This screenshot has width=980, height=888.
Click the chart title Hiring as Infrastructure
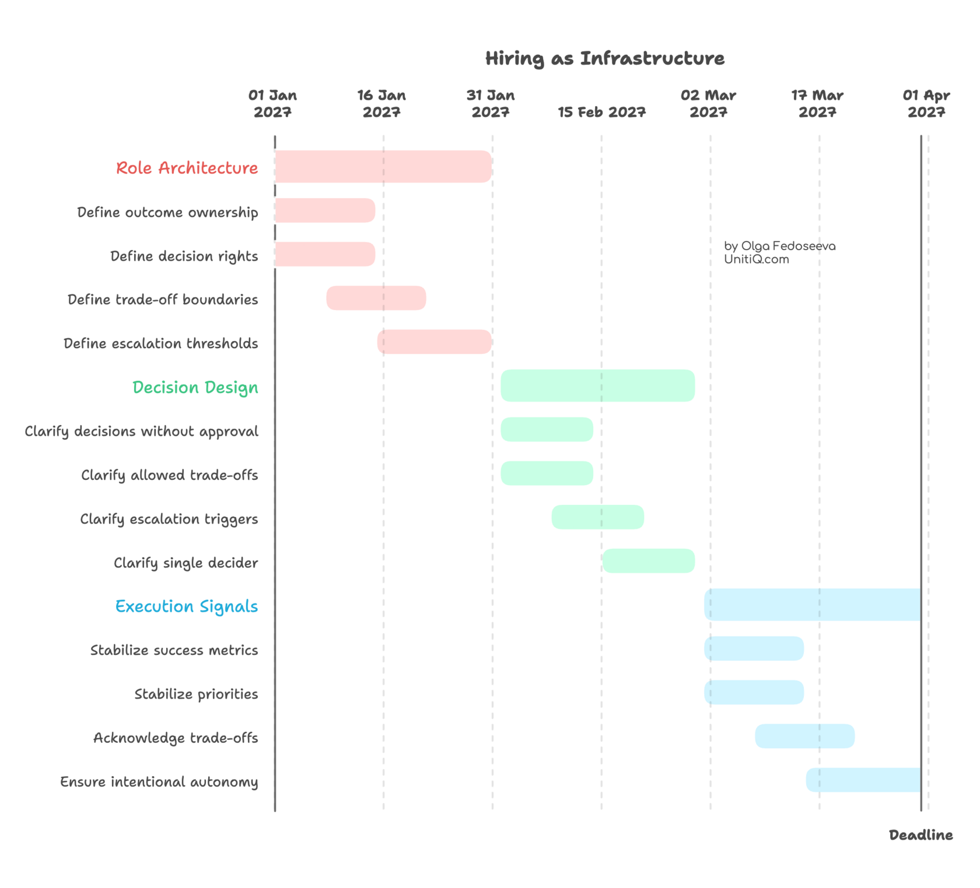click(605, 58)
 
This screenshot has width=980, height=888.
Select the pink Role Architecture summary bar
click(383, 167)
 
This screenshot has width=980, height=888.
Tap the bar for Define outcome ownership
click(325, 210)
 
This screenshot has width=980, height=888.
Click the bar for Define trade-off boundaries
click(376, 298)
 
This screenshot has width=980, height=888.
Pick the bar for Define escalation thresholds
click(435, 342)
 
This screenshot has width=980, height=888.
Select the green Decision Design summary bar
click(598, 385)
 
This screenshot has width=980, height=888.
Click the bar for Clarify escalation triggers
click(598, 517)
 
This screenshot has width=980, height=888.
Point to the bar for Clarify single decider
click(649, 561)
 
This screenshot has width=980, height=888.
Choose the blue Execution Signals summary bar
click(811, 605)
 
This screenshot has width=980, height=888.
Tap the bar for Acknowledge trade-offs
click(805, 736)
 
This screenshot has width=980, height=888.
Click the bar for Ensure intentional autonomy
click(862, 780)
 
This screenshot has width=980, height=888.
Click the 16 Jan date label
click(381, 103)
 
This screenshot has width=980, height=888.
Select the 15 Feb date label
click(601, 112)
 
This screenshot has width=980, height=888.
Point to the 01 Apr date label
click(926, 103)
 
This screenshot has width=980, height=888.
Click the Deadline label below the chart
click(921, 835)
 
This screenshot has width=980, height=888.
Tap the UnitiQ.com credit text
click(757, 260)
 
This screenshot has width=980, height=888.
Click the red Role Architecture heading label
click(187, 168)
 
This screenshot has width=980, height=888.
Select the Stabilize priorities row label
click(196, 694)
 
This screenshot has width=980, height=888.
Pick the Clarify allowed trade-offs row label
click(169, 475)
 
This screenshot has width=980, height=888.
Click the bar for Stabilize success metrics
click(754, 648)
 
